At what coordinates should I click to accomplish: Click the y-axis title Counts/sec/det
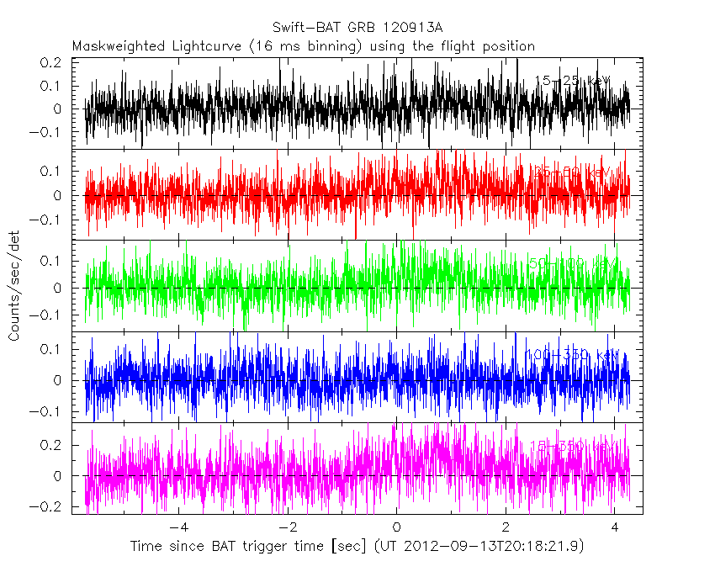(x=14, y=287)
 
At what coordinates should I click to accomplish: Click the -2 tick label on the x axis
(x=287, y=527)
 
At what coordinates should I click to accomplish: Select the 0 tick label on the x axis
(x=396, y=527)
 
